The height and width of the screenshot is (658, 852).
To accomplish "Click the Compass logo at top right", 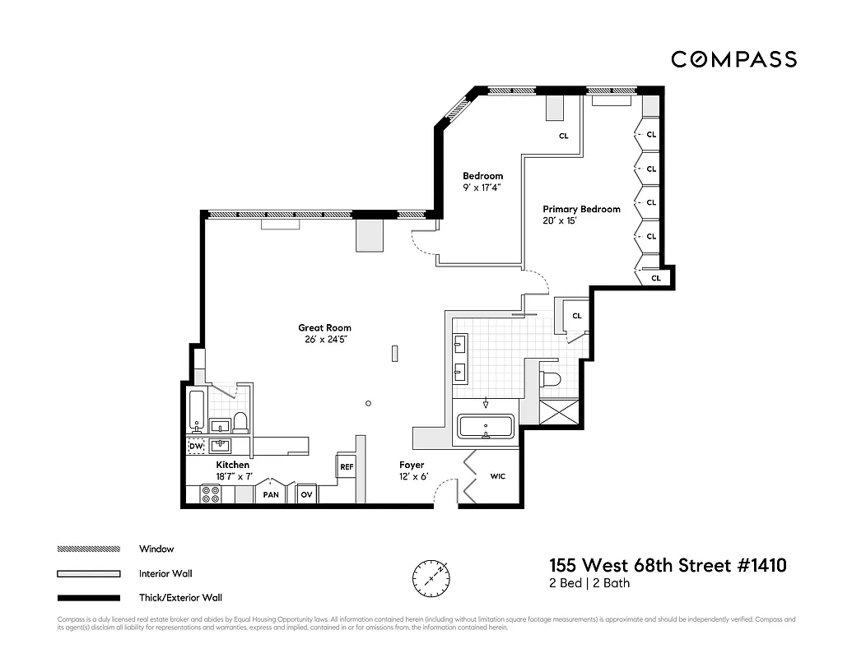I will pos(733,59).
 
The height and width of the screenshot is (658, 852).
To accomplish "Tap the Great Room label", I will pos(325,328).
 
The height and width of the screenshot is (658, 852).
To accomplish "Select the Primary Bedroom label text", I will pos(581,210).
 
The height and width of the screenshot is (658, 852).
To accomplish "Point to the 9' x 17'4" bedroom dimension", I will pos(482,188).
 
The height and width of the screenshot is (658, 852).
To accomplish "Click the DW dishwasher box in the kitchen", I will pos(196,447).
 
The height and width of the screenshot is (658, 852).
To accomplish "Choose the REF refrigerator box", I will pos(347,466).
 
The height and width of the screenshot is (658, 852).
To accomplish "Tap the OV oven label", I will pos(306,494).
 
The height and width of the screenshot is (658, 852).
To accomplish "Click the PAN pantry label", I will pos(270,495).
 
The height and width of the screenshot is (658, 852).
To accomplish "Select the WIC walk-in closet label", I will pos(498,476).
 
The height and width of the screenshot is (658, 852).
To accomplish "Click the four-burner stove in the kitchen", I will pos(211,493).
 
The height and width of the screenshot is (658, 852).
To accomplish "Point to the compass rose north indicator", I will pos(430,577).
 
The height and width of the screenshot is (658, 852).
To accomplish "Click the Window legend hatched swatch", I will pos(88,549).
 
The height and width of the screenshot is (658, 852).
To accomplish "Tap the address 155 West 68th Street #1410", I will pos(668,565).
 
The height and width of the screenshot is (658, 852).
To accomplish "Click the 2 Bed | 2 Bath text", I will pos(589,583).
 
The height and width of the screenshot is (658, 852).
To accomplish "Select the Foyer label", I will pos(412,466).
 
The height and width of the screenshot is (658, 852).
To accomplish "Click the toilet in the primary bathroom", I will pos(549,378).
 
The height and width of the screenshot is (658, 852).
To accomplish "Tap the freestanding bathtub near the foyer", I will pos(486,427).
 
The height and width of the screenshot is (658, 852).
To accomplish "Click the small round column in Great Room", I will pos(368,403).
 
